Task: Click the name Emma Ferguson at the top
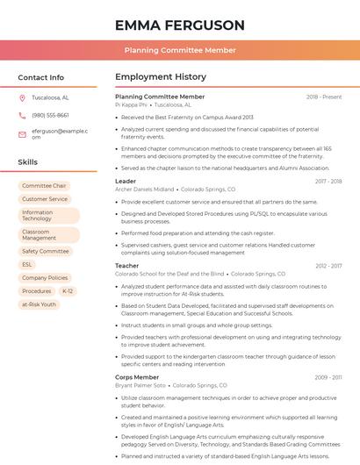179,25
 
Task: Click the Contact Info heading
41,77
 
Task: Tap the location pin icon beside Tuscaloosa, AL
22,98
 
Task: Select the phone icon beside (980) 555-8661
22,115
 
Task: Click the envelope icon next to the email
22,134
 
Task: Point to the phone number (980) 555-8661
50,115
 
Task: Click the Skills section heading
28,162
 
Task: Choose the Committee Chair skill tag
44,186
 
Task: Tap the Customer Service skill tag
45,199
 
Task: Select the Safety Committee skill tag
46,251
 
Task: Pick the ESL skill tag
27,264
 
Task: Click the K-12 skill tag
68,290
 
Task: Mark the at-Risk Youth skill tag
39,304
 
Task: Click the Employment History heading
161,77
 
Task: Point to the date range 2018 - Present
324,97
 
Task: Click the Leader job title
126,181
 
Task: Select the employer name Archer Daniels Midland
145,189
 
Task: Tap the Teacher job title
127,265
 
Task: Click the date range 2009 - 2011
328,377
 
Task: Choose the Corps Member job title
137,377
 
